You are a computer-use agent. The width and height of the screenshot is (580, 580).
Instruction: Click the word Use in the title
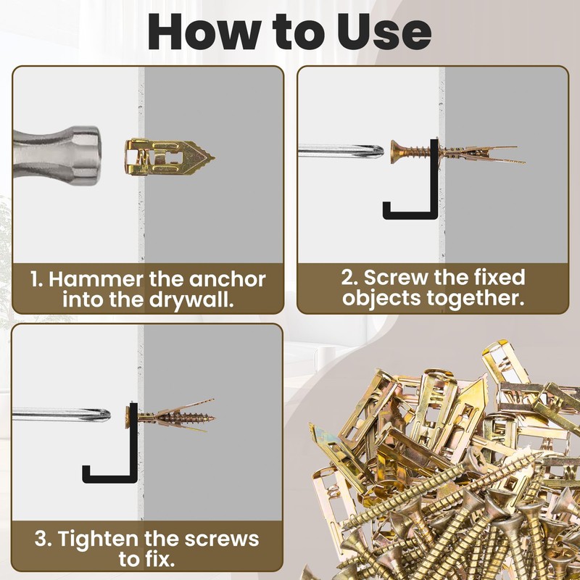click(384, 32)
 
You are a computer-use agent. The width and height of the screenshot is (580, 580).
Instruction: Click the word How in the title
click(204, 32)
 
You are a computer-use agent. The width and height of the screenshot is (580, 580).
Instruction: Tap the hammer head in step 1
click(57, 155)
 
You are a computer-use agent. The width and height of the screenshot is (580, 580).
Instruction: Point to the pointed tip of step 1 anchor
click(214, 158)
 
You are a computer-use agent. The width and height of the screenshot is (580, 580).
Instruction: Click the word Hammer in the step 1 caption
click(96, 279)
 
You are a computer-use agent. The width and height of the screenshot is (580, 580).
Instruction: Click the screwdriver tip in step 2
click(381, 151)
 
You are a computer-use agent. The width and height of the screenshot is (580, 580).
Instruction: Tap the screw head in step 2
click(395, 152)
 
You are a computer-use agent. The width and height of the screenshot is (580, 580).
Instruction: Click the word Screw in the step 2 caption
click(397, 278)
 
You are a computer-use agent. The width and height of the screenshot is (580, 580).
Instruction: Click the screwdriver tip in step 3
click(107, 415)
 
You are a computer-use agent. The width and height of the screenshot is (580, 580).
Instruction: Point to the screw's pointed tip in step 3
click(214, 418)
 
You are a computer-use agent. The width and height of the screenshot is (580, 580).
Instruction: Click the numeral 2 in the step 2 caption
click(347, 278)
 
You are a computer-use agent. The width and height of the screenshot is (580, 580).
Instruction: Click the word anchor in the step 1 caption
click(227, 280)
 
